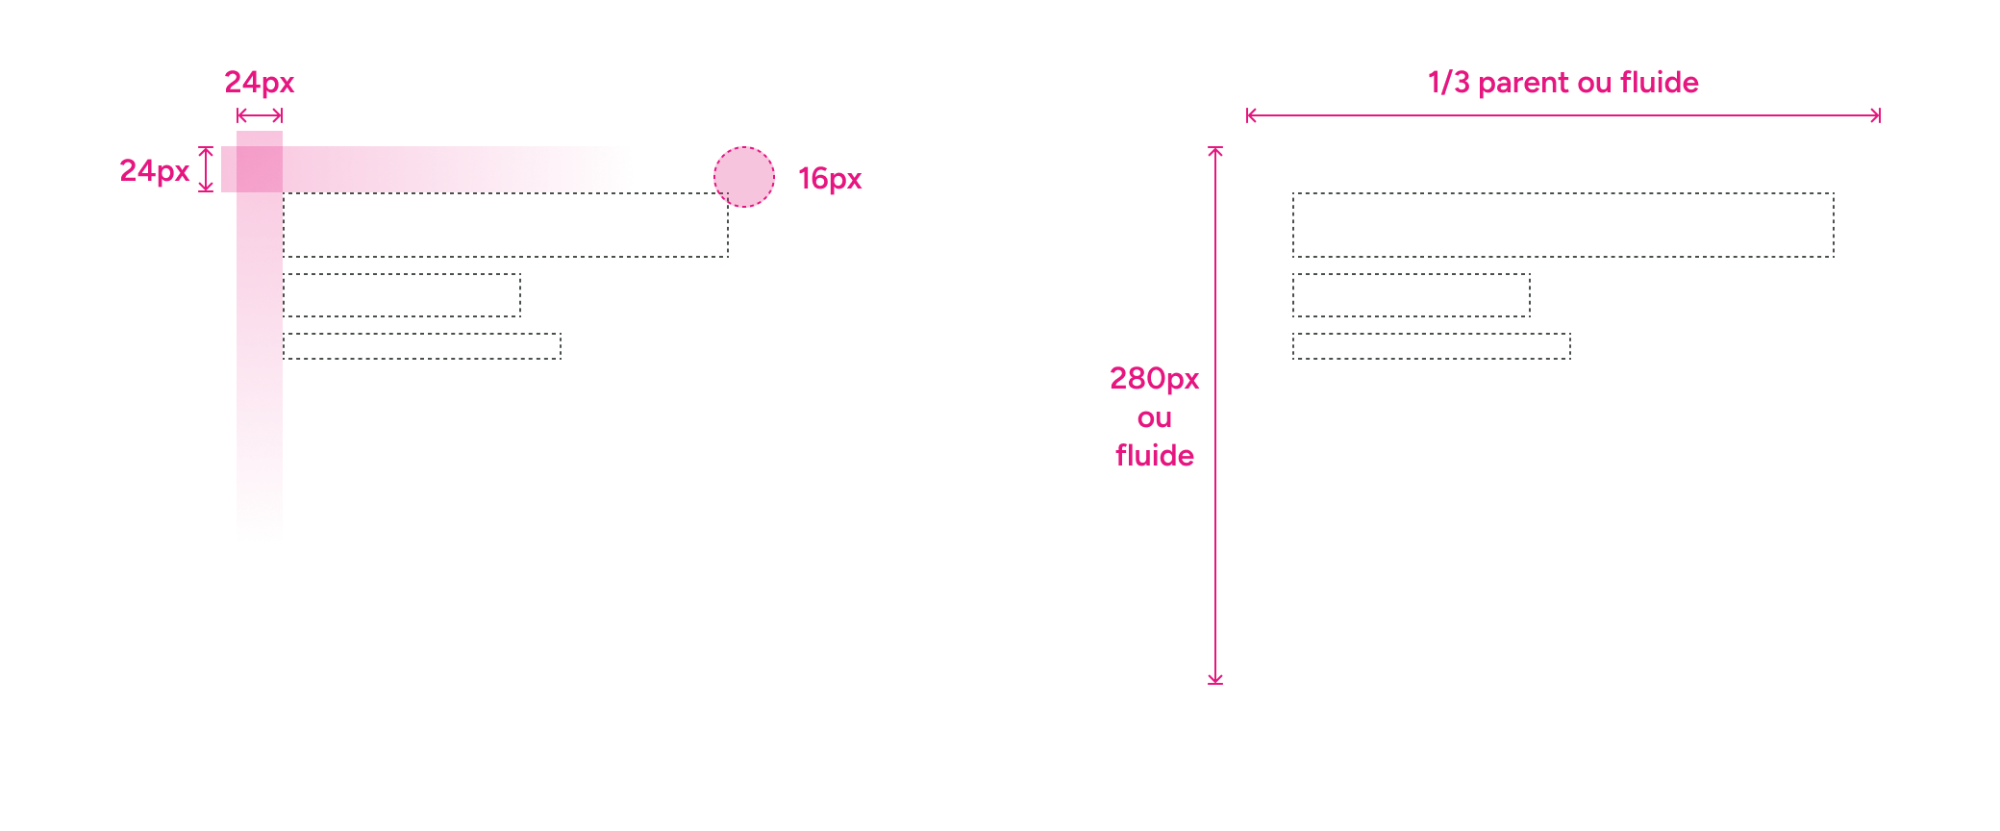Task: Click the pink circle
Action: (x=744, y=177)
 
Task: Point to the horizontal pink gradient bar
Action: (x=452, y=169)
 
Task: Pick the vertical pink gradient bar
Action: (x=260, y=365)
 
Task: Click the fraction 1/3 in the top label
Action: (x=1448, y=83)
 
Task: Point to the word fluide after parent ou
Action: (x=1660, y=83)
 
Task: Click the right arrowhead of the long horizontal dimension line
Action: (x=1876, y=115)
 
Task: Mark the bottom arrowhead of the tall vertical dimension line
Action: (x=1215, y=679)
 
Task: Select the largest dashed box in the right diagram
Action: (x=1562, y=225)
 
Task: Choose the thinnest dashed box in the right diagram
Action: (x=1431, y=346)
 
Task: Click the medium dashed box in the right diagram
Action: (x=1411, y=295)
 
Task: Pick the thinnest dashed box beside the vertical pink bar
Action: (x=421, y=346)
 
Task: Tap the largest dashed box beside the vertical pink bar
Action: (x=505, y=226)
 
